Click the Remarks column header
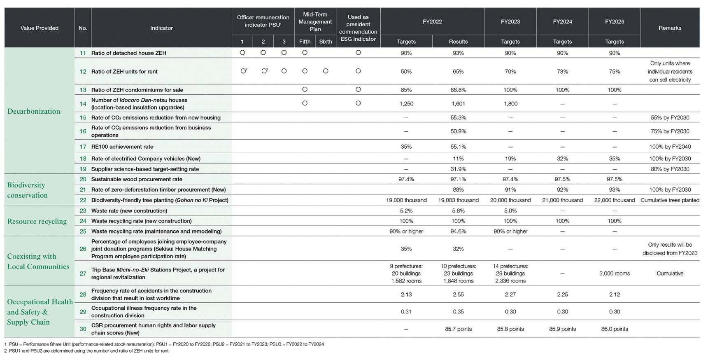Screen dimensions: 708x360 (x=670, y=28)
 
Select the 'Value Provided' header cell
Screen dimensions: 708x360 (x=40, y=28)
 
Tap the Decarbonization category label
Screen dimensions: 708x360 (x=34, y=111)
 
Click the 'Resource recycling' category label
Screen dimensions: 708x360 (x=37, y=221)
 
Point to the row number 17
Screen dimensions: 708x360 (x=83, y=147)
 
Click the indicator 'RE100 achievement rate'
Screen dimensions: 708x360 (x=122, y=147)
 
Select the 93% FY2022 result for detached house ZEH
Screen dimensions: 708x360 (x=458, y=53)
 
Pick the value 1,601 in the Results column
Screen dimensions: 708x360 (x=458, y=104)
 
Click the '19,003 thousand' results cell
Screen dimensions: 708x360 (x=458, y=200)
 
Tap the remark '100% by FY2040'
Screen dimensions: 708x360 (x=670, y=147)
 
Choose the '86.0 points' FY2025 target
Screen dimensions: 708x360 (x=615, y=329)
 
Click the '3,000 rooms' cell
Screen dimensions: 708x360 (x=615, y=274)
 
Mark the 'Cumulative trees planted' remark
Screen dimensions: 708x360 (x=670, y=200)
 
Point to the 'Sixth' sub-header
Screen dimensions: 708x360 (x=326, y=42)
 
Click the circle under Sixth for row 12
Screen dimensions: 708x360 (x=326, y=71)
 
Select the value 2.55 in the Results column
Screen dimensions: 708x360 (x=458, y=295)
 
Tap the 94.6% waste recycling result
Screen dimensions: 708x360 (x=458, y=231)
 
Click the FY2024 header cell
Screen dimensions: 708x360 (x=562, y=21)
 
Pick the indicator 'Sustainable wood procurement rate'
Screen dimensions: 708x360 (x=137, y=180)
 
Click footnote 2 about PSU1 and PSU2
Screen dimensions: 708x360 (x=86, y=351)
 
